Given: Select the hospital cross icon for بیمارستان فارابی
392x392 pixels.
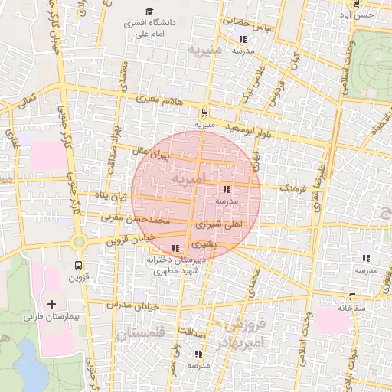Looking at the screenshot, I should click(x=51, y=304).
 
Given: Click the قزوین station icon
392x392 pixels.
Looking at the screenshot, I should click(x=78, y=264).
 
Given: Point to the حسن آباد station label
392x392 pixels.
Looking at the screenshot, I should click(x=361, y=15).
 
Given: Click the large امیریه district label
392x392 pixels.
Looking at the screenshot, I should click(x=188, y=178).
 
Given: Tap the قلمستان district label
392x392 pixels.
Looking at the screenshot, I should click(x=142, y=334).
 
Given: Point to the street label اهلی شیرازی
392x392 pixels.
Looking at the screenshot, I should click(x=219, y=226).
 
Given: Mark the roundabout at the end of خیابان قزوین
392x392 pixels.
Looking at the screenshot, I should click(x=78, y=242).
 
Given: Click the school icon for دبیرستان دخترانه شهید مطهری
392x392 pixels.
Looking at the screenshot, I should click(x=177, y=248).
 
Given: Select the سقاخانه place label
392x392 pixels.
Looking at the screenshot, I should click(x=354, y=308).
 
